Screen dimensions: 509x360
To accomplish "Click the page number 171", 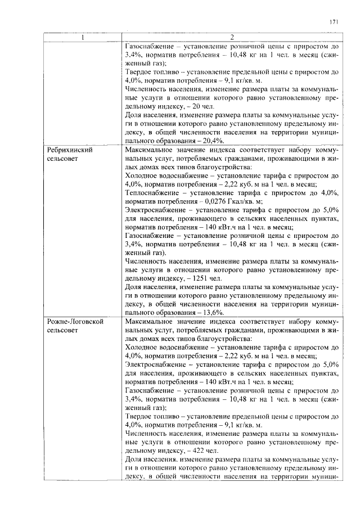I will click(334, 22).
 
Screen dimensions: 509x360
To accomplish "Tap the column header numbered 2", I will click(232, 38).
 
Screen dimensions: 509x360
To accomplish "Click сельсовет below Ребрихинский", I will click(63, 160).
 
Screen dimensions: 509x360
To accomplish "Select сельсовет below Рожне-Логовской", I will click(63, 330).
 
